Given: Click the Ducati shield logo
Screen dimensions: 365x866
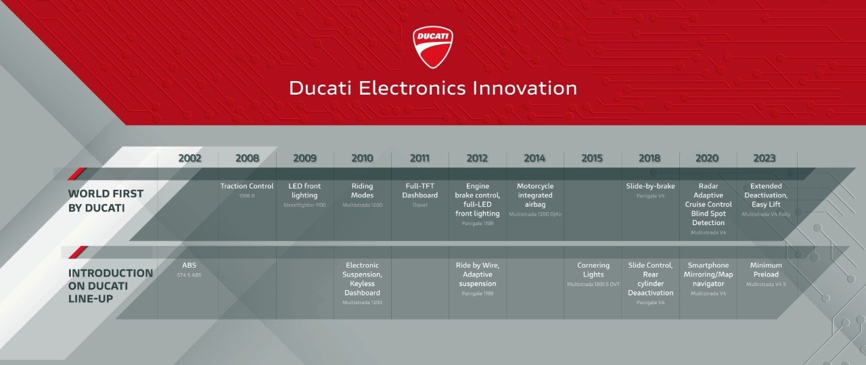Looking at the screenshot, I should coord(433,47).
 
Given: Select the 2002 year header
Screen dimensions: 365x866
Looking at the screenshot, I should coord(190,158).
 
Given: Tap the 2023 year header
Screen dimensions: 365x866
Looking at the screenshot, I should coord(766,158).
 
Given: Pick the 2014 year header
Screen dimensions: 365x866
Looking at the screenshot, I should coord(534,158).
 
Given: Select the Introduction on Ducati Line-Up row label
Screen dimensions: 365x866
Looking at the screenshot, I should coord(110,285).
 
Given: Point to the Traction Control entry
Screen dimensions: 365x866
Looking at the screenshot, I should coord(247,187).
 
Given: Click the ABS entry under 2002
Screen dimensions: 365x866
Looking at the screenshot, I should coord(189,266).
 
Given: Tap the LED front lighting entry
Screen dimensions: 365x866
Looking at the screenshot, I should coord(304,191).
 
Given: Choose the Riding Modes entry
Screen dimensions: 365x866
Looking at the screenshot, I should coord(362,191).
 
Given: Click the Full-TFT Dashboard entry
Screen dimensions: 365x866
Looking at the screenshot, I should coord(419,191).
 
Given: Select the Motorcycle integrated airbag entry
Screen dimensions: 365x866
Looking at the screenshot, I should coord(535,195).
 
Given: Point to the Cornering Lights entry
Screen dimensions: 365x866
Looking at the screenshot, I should coord(593,270).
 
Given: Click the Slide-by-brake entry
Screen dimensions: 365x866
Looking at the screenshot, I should coord(650,187).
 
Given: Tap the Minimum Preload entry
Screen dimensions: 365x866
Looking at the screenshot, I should coord(766,270).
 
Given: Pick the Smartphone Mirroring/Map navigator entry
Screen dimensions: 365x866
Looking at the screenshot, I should coord(708,274).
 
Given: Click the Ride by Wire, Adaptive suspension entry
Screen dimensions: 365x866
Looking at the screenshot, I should coord(478,274).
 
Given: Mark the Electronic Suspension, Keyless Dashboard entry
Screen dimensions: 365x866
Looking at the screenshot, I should coord(362,279).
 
